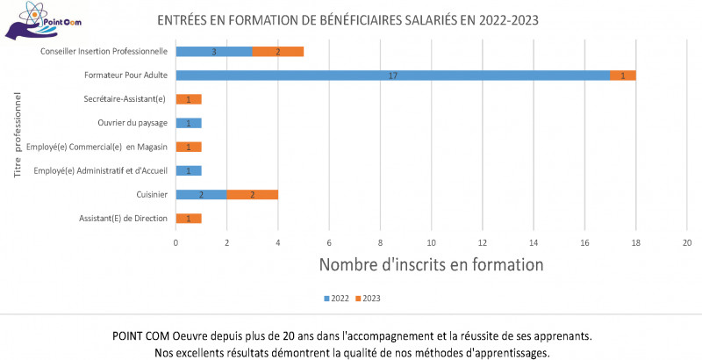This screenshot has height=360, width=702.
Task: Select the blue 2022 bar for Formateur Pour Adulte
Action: [x=393, y=75]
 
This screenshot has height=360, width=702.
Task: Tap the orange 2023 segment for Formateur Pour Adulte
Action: [x=623, y=75]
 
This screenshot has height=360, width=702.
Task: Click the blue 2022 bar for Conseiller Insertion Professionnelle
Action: [x=214, y=51]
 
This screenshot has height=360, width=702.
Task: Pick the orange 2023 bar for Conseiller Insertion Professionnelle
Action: [x=278, y=51]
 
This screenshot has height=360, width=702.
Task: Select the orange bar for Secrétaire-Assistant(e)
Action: [x=189, y=98]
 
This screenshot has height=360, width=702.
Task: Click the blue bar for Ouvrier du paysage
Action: [x=189, y=122]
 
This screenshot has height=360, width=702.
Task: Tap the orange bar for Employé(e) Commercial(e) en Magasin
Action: [x=189, y=147]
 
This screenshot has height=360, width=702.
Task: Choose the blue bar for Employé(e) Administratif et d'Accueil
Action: [x=189, y=170]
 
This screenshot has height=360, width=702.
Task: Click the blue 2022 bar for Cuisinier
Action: [x=202, y=194]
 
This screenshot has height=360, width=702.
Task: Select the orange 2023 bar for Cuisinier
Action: [x=253, y=194]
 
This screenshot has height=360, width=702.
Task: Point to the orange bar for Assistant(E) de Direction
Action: [x=189, y=218]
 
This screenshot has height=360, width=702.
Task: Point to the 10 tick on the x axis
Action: [x=432, y=241]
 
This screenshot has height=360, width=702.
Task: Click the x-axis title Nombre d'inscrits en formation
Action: [x=431, y=263]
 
